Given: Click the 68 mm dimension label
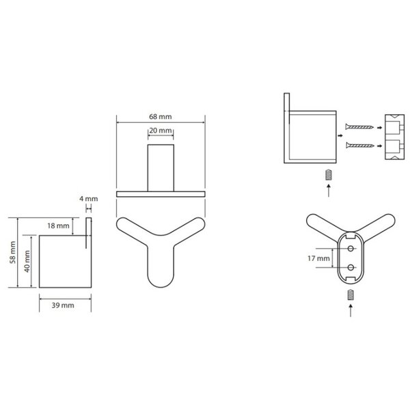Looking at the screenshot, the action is click(x=161, y=117).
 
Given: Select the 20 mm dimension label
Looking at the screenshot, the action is click(x=161, y=131).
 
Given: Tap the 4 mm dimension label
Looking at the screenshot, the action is click(x=89, y=199).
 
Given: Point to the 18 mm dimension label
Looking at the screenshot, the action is click(x=58, y=225).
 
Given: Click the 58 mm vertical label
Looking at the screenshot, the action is click(x=12, y=252).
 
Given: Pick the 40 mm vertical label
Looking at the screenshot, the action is click(x=27, y=261).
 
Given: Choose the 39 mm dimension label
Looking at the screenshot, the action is click(x=63, y=305).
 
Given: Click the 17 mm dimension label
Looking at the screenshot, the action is click(x=318, y=258).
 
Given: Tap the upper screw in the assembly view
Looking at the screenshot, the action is click(x=359, y=127).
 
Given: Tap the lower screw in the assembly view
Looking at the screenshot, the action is click(x=359, y=146).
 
